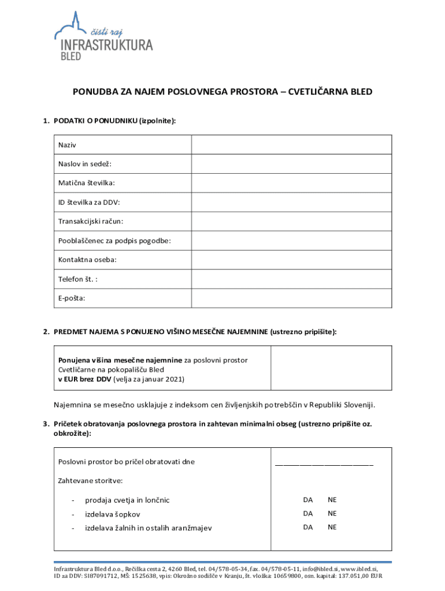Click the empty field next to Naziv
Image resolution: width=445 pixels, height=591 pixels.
291,145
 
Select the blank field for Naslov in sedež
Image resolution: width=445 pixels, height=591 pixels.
291,164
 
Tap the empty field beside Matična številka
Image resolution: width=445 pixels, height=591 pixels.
291,183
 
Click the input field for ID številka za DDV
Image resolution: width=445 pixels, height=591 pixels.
291,202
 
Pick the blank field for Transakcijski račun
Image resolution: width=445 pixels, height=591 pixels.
291,221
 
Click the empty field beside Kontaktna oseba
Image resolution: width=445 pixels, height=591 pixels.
291,259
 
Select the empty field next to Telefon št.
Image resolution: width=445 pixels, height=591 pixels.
291,279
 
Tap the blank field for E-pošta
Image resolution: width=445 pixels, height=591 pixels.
291,298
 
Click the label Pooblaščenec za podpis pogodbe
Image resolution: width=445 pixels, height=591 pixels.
114,240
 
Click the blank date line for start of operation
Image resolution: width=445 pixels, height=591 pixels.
324,463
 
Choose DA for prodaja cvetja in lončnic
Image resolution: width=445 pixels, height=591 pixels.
308,500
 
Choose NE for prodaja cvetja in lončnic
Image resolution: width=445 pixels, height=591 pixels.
332,500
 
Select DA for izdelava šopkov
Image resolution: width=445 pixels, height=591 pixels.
308,514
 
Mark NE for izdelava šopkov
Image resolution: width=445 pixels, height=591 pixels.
332,514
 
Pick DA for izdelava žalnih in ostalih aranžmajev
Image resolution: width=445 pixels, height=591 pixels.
308,527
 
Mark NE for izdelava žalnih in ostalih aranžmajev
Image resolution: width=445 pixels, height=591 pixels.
332,527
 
